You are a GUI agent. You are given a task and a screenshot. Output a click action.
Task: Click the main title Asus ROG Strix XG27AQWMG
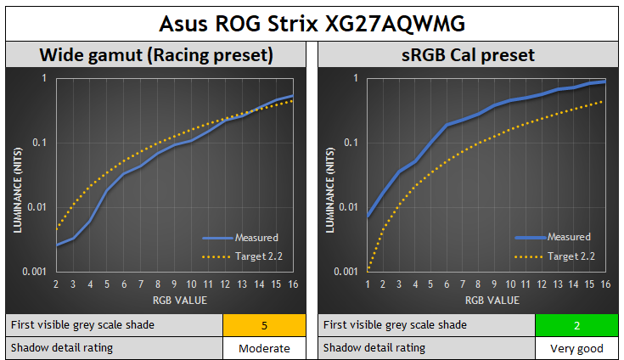[312, 21]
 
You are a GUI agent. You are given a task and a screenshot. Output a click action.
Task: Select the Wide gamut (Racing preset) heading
[156, 56]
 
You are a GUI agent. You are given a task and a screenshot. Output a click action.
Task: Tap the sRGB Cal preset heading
[468, 56]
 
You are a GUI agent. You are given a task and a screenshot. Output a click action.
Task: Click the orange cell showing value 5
[264, 324]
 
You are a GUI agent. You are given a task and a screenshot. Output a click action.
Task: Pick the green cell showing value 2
[576, 324]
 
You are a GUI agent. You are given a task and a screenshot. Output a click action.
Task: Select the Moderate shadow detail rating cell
[264, 348]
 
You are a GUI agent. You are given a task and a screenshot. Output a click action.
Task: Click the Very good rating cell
[576, 348]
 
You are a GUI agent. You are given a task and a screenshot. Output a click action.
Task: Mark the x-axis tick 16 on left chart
[293, 284]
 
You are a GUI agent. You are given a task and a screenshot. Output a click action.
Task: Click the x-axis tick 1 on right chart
[368, 284]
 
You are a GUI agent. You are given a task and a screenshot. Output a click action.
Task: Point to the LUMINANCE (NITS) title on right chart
[330, 175]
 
